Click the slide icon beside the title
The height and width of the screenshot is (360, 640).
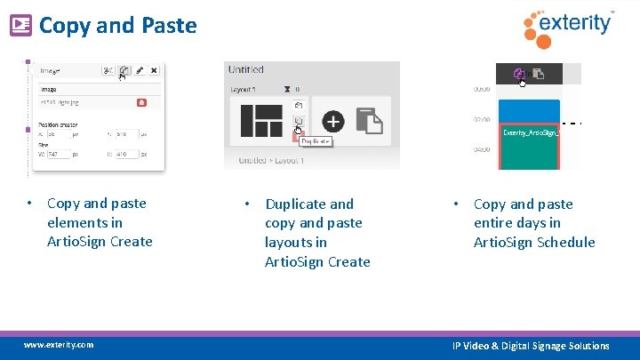(20, 26)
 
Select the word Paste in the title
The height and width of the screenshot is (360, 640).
(168, 26)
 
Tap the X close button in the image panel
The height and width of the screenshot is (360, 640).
(154, 70)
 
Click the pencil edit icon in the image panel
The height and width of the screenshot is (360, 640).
(140, 70)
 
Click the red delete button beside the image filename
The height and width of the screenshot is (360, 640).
(141, 104)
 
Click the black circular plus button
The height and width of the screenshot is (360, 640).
(332, 120)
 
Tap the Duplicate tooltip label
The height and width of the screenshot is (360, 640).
(315, 141)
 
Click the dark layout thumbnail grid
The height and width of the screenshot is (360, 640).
(260, 121)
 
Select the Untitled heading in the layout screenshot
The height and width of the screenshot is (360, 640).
(245, 69)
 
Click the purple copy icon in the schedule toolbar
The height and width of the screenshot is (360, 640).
(520, 74)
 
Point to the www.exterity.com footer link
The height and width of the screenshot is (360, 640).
(59, 345)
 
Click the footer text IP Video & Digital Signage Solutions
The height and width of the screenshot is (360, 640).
(531, 346)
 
